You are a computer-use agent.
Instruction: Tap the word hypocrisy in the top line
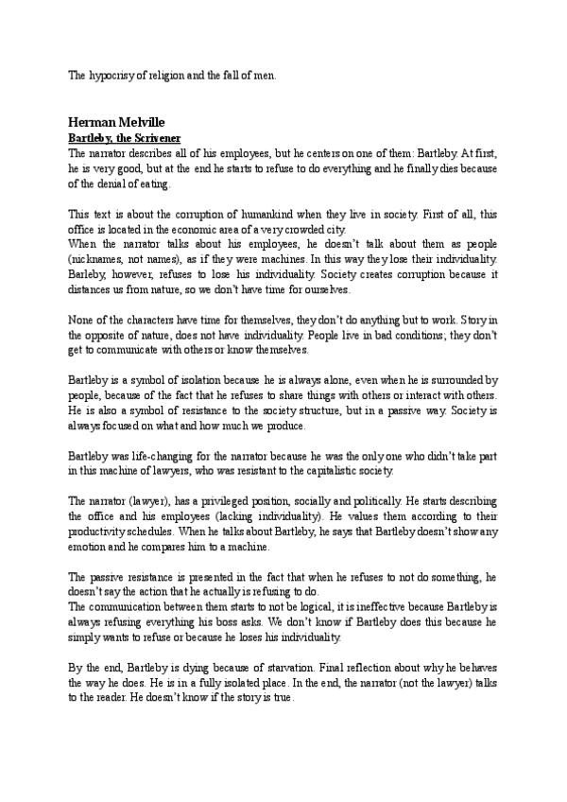point(116,75)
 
